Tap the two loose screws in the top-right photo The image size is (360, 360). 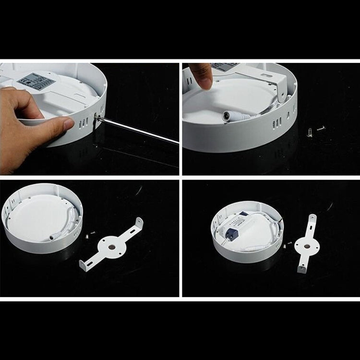coord(314,131)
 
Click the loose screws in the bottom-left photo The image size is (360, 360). coord(89,235)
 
